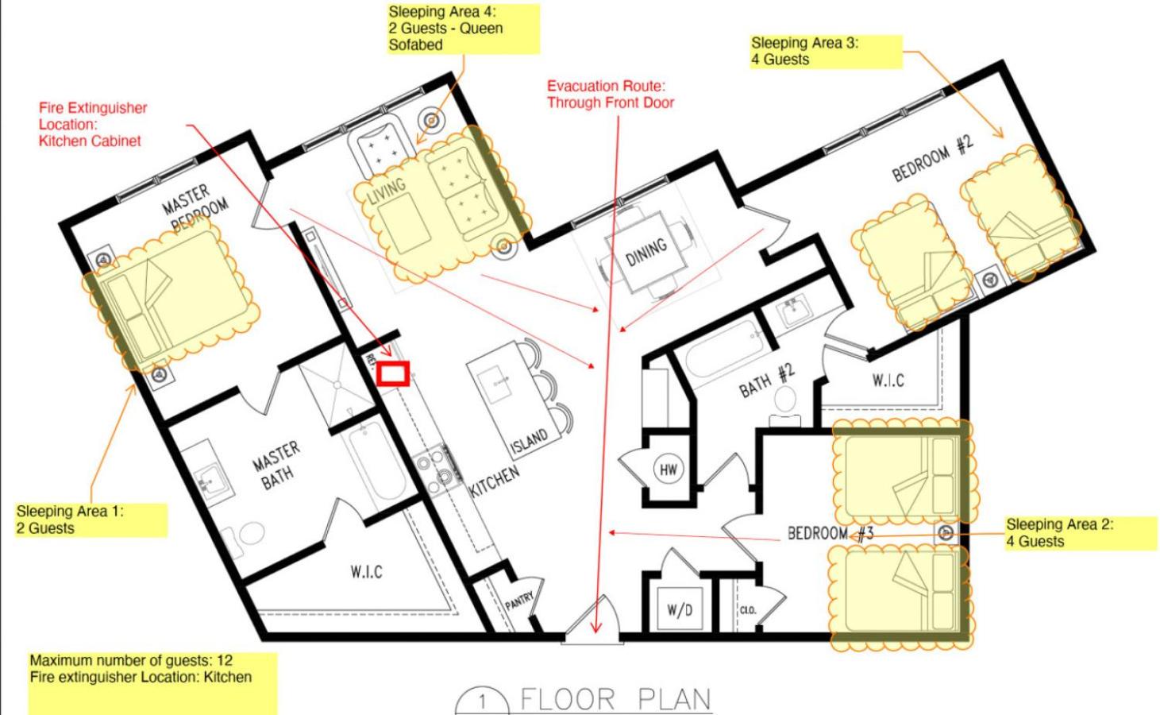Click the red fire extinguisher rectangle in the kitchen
click(x=393, y=373)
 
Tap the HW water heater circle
click(x=668, y=470)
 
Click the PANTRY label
click(x=519, y=601)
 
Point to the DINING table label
click(x=646, y=251)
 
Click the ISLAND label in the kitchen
click(x=530, y=441)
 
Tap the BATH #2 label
click(x=766, y=381)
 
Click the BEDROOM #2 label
click(x=933, y=158)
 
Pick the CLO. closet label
click(x=748, y=610)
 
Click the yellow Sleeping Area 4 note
click(x=464, y=29)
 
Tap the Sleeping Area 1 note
click(x=91, y=520)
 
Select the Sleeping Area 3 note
click(x=827, y=52)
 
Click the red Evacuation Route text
click(x=611, y=95)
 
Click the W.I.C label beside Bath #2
click(x=888, y=381)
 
